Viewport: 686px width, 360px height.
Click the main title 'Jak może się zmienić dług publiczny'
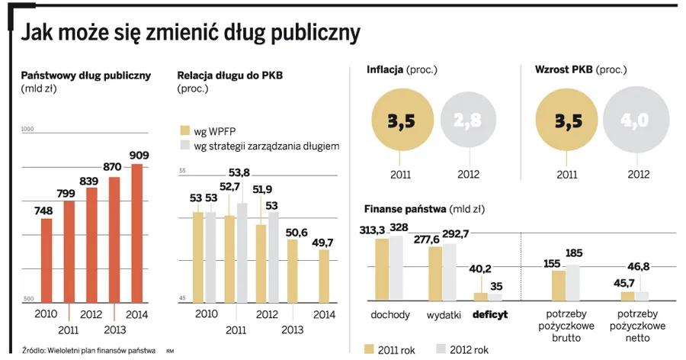pos(190,33)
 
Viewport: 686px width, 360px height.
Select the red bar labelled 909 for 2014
pos(137,233)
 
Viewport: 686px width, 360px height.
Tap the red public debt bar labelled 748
pos(46,259)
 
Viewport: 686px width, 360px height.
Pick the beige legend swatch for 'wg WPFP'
pos(183,129)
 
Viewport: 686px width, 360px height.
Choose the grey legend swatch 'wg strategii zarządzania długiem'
pos(183,145)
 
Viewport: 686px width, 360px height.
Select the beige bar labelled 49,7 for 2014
pos(324,275)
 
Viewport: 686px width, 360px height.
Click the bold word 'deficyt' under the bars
pos(489,314)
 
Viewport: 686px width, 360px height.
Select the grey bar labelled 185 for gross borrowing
pos(573,282)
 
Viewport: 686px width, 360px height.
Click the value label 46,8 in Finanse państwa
pos(640,268)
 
